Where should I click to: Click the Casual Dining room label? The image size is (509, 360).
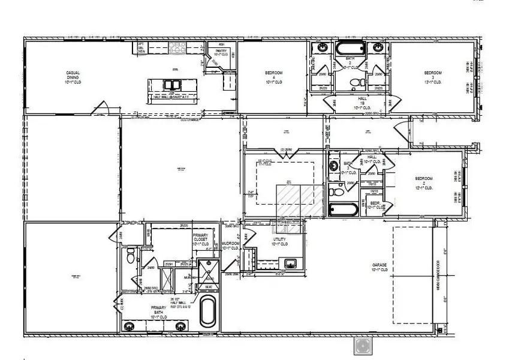[73, 76]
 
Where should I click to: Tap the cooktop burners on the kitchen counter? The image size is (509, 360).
[178, 47]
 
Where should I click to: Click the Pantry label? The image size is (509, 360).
[221, 53]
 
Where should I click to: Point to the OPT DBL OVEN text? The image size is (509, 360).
[141, 47]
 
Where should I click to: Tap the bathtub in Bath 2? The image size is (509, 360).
[350, 47]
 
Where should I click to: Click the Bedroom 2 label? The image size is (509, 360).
[424, 182]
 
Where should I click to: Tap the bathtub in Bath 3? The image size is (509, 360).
[344, 210]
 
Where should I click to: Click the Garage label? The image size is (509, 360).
[380, 268]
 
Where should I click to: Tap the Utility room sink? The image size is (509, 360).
[290, 262]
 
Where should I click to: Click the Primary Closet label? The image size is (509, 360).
[200, 240]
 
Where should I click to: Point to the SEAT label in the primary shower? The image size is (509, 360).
[209, 286]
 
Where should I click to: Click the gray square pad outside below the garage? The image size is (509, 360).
[363, 345]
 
